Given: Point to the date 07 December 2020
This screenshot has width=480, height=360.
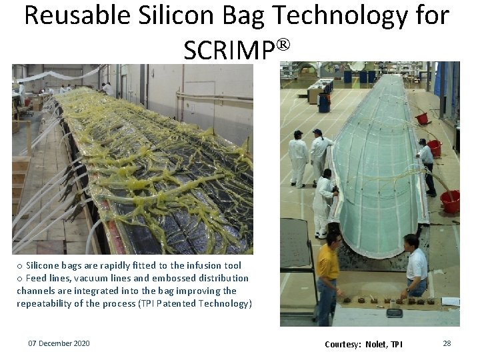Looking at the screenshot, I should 59,343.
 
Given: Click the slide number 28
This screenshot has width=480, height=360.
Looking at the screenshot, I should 447,343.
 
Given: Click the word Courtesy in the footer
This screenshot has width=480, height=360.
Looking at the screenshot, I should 342,344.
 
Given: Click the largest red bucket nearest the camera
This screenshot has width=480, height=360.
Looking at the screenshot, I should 451,201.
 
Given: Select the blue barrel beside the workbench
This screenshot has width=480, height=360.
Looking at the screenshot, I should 324,102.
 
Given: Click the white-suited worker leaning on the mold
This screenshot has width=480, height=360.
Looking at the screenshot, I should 324,201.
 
